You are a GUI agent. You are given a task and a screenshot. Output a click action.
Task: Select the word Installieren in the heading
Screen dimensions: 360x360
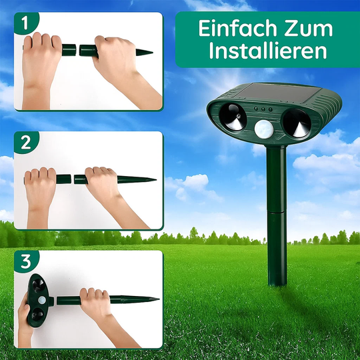click(x=267, y=51)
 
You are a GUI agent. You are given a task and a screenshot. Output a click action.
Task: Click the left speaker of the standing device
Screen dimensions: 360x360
click(x=231, y=119)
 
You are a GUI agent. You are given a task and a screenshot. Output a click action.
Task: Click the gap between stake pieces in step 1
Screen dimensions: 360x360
click(x=79, y=49)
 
